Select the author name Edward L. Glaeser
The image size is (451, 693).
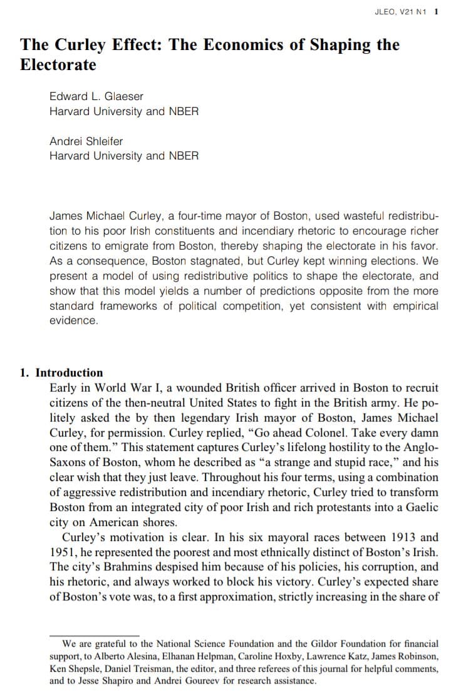[96, 96]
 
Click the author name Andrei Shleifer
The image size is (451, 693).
[86, 141]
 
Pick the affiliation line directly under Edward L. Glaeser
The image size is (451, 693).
[124, 111]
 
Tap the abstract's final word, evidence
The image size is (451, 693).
[74, 320]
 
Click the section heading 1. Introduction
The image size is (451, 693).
[61, 373]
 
